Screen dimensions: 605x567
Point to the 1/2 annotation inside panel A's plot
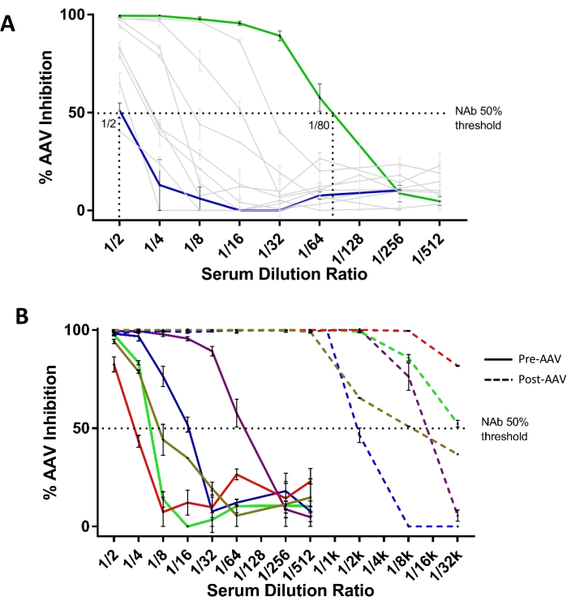(108, 123)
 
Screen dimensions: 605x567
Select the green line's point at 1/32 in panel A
(279, 36)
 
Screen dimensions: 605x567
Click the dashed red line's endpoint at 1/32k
(457, 367)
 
